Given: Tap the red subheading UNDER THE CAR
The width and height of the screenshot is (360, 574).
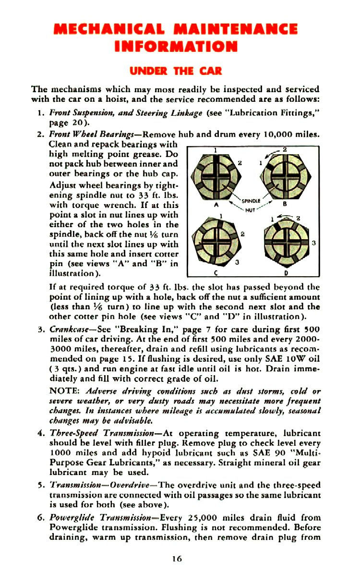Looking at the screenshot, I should pos(176,72).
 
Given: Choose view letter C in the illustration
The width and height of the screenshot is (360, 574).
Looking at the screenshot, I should pos(217,273).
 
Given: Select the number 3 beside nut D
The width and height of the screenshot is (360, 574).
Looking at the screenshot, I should pos(313,243).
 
